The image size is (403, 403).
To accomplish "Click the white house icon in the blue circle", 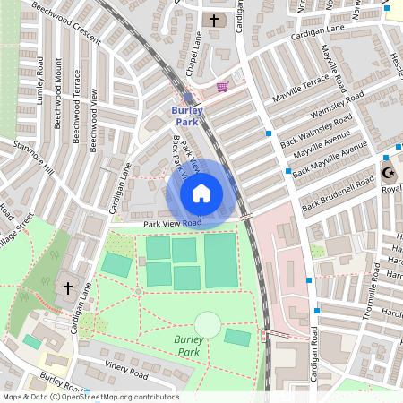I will pos(201,193).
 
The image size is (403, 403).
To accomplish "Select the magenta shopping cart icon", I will pos(222,87).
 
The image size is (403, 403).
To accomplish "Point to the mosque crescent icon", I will pos(388,172).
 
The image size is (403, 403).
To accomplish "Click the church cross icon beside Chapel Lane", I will pos(213,20).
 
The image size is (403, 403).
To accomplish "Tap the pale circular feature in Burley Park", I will pos(208,324).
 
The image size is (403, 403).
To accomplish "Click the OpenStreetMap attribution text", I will pos(90,397).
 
